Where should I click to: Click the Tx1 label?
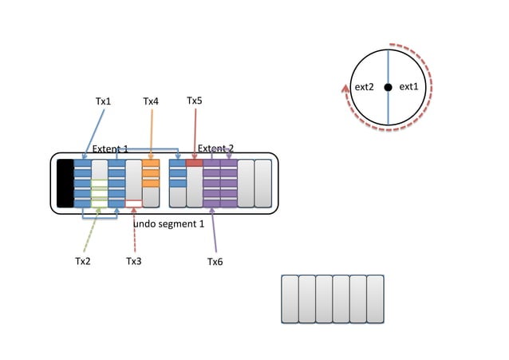coord(104,101)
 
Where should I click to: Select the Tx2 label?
coord(83,261)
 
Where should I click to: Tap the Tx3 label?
coord(134,261)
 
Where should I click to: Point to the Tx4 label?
coord(151,101)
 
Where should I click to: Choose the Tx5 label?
coord(195,101)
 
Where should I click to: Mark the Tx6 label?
coord(215,261)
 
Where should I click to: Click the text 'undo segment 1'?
coord(168,224)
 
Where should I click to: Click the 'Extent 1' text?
coord(110,149)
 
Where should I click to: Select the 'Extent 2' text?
coord(215,148)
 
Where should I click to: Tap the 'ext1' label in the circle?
coord(408,87)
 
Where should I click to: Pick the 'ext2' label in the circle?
coord(364,87)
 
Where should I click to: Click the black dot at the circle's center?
coord(388,87)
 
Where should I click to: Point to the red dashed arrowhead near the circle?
coord(345,89)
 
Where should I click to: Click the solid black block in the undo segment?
coord(65,184)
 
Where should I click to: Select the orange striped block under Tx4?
coord(151,174)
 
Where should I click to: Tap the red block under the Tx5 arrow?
coord(195,163)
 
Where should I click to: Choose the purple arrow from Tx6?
coord(213,231)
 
